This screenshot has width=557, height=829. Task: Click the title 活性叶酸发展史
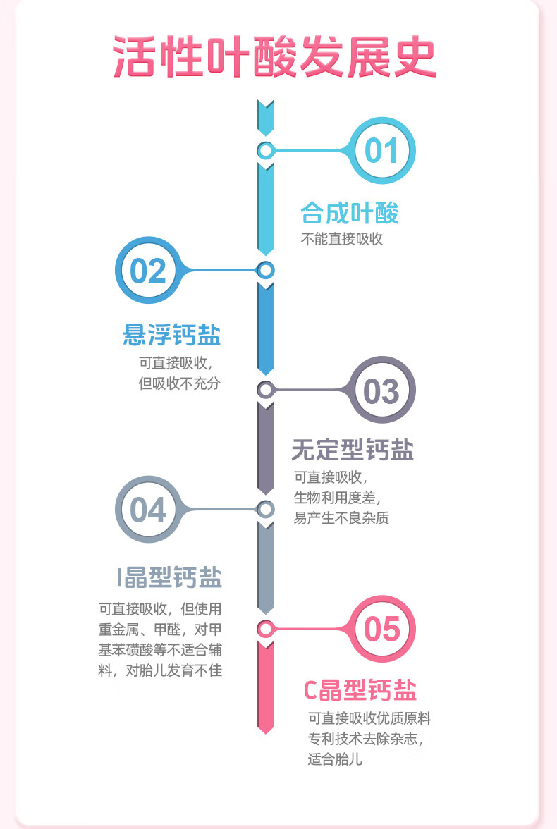(275, 58)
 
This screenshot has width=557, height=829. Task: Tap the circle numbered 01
(381, 151)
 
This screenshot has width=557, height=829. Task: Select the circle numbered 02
(149, 271)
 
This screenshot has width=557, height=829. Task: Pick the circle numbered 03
(381, 391)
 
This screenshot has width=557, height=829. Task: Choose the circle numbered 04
(149, 510)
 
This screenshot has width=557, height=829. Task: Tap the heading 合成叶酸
(350, 212)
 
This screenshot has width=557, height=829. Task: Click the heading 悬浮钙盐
(172, 335)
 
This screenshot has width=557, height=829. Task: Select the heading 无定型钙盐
(353, 450)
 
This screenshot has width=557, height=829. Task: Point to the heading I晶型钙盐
(169, 577)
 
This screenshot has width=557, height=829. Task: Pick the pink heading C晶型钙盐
(360, 690)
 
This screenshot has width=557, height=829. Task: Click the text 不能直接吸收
(342, 239)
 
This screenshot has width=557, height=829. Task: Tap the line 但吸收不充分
(180, 385)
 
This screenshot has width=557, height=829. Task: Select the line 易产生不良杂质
(341, 518)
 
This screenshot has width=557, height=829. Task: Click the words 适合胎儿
(336, 761)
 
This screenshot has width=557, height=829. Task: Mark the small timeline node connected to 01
(265, 150)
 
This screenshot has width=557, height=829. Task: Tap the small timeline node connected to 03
(265, 389)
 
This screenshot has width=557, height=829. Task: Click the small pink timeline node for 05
(265, 628)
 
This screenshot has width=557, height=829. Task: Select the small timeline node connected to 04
(265, 509)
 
